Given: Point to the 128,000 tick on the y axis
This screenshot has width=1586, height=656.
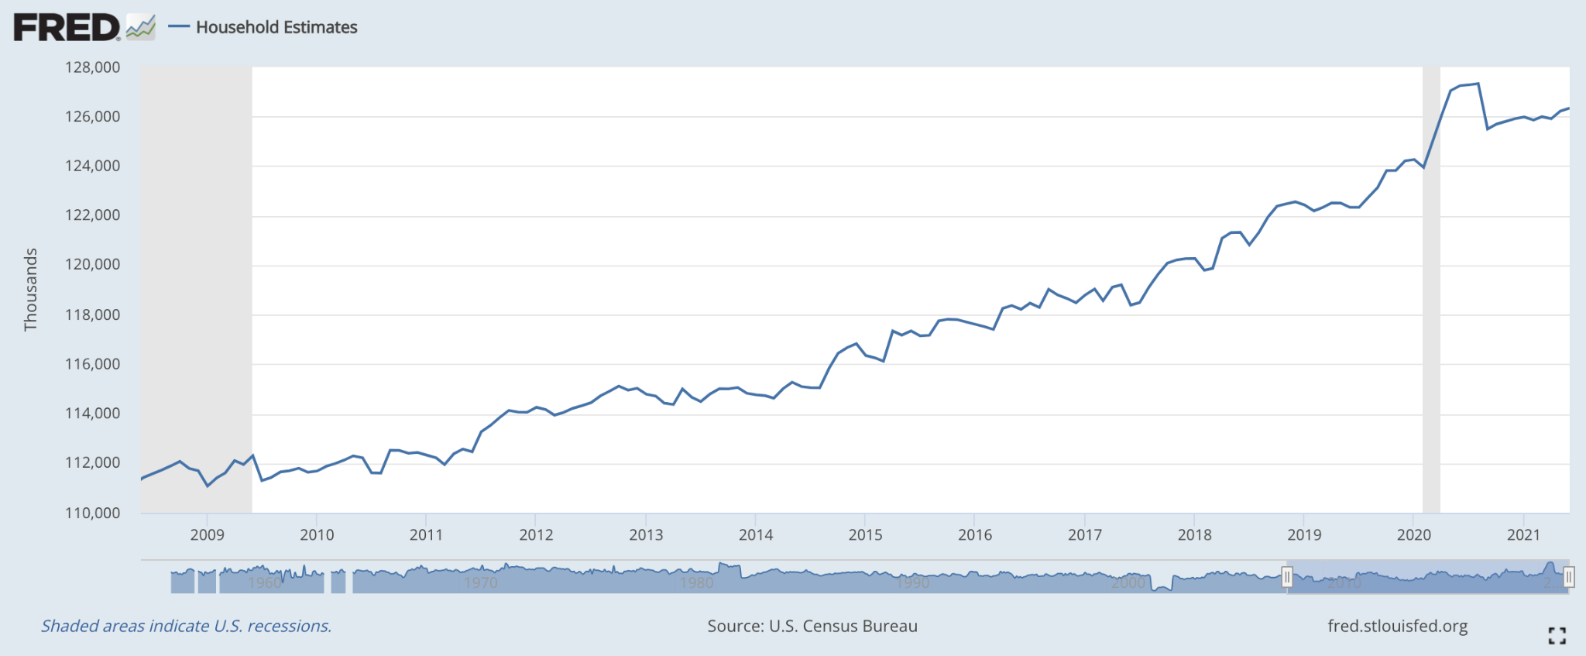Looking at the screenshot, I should coord(92,67).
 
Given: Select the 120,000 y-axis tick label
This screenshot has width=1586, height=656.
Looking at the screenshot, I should coord(92,264).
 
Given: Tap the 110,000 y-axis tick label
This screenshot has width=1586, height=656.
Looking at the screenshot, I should coord(92,513).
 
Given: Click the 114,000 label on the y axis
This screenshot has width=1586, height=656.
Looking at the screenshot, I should coord(92,414).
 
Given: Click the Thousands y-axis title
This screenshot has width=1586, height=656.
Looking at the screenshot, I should coord(31,290).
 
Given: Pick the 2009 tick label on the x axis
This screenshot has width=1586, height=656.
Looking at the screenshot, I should coord(207,534).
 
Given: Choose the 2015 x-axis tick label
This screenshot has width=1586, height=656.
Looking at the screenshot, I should coord(865,534).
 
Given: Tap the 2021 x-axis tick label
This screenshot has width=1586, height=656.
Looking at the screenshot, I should coord(1523,534).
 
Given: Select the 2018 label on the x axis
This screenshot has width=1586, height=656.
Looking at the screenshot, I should coord(1194,534).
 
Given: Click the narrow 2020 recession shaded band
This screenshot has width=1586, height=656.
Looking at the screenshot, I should coord(1431,310).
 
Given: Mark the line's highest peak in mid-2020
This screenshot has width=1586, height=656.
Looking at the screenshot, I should coord(1478,84).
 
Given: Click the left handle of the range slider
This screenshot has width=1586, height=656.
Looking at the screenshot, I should coord(1287,577).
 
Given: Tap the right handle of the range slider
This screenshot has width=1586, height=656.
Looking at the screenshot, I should coord(1568,577).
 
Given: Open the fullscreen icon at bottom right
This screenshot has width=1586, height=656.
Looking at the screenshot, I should coord(1557,636).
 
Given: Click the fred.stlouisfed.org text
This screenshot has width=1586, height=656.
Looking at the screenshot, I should coord(1397,626).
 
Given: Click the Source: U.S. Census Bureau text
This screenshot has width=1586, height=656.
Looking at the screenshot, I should coord(812,626).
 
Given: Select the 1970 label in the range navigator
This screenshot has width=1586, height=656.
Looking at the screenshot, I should coord(480,582).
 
